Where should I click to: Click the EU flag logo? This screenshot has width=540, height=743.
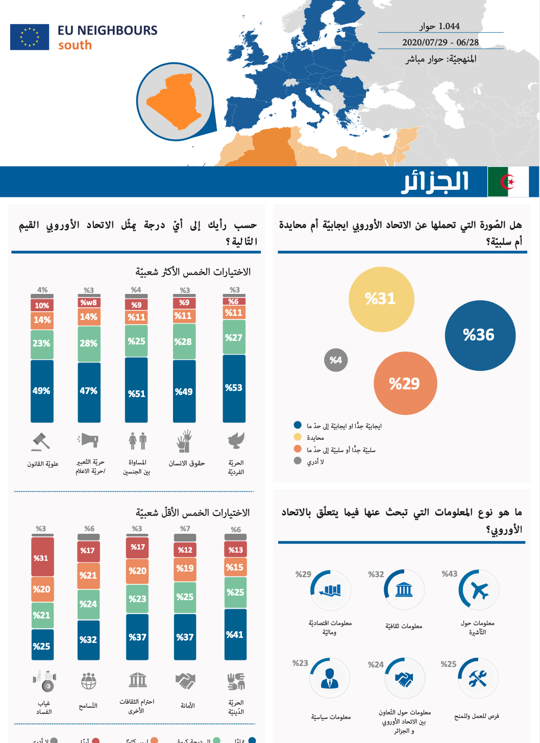pyautogui.click(x=30, y=37)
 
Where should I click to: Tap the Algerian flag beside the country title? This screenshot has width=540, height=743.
pyautogui.click(x=508, y=182)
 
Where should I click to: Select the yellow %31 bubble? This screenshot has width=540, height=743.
pyautogui.click(x=381, y=299)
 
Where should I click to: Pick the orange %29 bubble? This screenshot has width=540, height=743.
pyautogui.click(x=405, y=384)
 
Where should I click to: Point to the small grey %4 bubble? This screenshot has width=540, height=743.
pyautogui.click(x=336, y=360)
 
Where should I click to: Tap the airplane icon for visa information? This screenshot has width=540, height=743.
pyautogui.click(x=479, y=590)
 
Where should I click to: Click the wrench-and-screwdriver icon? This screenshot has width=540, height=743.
pyautogui.click(x=478, y=678)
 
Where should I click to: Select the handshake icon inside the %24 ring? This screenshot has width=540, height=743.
pyautogui.click(x=405, y=679)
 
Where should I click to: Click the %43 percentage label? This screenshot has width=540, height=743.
pyautogui.click(x=450, y=574)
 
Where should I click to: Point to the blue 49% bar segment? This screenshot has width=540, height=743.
pyautogui.click(x=42, y=391)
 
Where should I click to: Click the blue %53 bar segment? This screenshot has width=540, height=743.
pyautogui.click(x=234, y=388)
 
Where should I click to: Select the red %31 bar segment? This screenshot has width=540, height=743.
pyautogui.click(x=42, y=557)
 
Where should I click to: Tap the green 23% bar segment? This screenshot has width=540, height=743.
pyautogui.click(x=42, y=343)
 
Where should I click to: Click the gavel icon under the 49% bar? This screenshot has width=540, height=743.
pyautogui.click(x=40, y=441)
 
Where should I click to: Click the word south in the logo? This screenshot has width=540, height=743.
pyautogui.click(x=75, y=45)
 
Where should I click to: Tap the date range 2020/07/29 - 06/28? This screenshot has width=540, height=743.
pyautogui.click(x=440, y=42)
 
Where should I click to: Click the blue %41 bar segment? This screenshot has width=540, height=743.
pyautogui.click(x=235, y=634)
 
